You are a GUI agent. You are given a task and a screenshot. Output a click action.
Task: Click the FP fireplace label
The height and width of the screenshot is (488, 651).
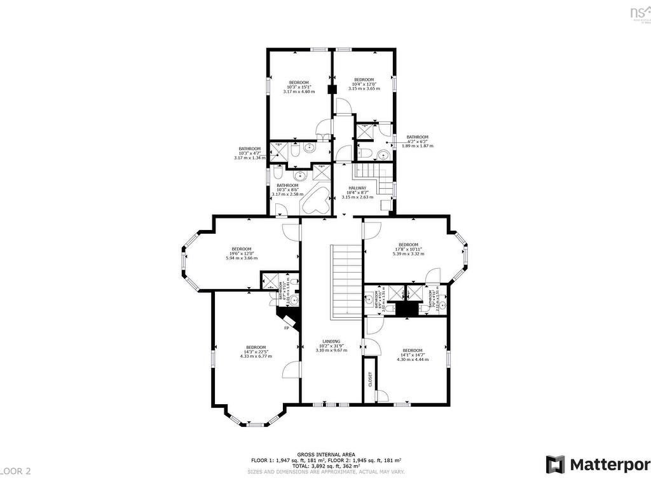pos(287,328)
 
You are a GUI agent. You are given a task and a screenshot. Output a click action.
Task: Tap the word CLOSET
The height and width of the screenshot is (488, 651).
pos(369,379)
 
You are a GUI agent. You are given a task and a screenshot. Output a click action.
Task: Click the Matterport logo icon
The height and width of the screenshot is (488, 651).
pos(555,464)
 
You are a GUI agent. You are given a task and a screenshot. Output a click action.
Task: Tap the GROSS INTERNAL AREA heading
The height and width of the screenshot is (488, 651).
pos(325,455)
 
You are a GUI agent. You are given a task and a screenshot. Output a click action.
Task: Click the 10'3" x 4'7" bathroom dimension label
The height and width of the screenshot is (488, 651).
pos(250,153)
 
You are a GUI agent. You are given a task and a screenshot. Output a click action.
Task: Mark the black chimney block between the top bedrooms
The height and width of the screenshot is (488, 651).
pos(331,90)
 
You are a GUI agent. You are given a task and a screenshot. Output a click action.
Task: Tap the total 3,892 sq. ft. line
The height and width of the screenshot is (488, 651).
pos(325,466)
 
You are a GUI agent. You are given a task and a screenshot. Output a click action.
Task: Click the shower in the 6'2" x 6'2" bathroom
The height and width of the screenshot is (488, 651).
pos(366,132)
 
